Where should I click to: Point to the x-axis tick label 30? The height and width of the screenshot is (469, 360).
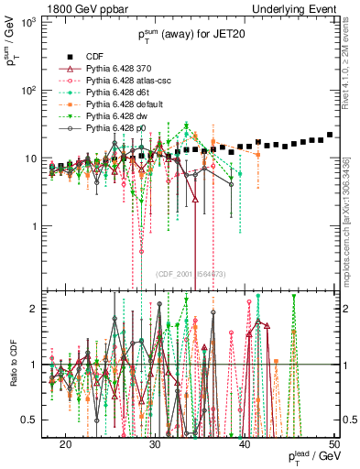(155, 443)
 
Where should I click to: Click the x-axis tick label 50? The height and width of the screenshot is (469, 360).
(334, 443)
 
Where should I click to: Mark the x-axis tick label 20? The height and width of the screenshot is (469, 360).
(65, 443)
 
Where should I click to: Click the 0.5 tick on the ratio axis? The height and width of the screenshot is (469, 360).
(39, 420)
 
